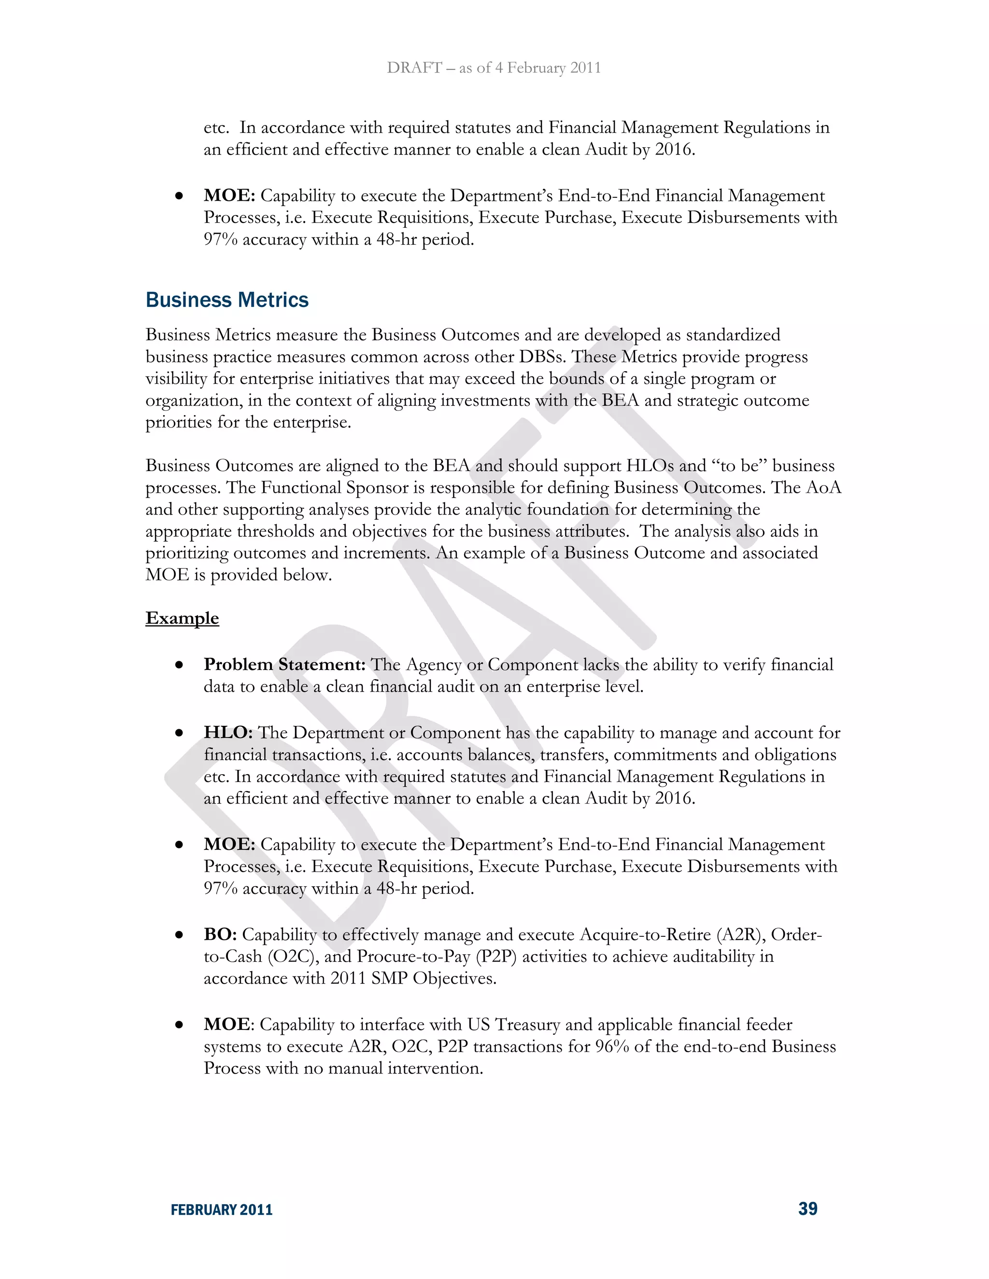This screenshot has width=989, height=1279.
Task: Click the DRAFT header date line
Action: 494,68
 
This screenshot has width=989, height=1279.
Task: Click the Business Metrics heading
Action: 227,300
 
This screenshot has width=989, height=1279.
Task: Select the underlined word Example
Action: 182,618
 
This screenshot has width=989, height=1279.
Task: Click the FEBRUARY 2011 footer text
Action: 222,1210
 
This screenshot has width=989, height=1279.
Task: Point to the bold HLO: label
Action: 228,733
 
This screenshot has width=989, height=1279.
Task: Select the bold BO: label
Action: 220,935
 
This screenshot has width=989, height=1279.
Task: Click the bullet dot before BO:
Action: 179,936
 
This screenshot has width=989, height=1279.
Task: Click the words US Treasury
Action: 513,1025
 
